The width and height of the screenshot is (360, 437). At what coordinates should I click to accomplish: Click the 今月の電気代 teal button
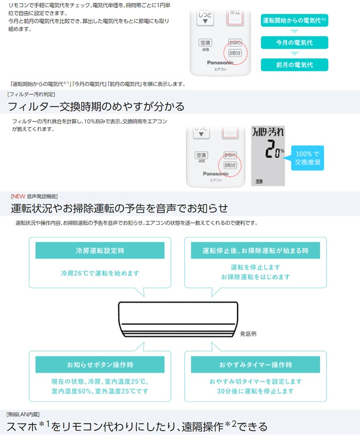pos(294,43)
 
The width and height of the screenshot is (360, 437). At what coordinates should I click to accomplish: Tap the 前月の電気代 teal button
pos(294,65)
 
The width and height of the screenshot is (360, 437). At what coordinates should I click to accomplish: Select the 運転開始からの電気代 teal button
pos(294,21)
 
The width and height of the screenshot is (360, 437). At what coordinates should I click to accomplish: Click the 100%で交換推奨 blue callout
pos(307,158)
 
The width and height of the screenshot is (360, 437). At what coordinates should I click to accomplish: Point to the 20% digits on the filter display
pos(274,149)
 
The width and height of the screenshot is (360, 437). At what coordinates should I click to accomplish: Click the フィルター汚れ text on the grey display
pos(267,132)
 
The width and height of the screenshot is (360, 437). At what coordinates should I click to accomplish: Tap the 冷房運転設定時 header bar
pos(100,251)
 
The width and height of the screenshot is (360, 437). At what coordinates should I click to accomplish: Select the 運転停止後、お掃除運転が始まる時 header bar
pos(255,251)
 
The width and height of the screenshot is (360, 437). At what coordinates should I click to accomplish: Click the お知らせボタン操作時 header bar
pos(100,364)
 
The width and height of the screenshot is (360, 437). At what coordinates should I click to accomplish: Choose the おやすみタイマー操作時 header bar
pos(255,364)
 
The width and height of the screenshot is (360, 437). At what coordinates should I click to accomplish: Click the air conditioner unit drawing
pos(178,320)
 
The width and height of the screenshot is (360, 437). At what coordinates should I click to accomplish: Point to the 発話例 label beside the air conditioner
pos(248,334)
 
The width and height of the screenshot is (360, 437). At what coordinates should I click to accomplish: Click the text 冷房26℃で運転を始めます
pos(100,273)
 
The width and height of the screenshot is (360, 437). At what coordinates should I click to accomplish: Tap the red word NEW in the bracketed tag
pos(19,197)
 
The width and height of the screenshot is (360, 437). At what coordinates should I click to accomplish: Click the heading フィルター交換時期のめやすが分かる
pos(96,107)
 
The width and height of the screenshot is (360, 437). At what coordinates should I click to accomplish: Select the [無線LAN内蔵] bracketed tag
pos(23,414)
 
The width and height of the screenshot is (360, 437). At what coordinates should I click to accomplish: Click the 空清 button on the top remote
pos(205,43)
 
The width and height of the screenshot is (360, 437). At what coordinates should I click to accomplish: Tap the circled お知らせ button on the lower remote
pos(230,165)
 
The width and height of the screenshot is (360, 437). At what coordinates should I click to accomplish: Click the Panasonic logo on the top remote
pos(220,63)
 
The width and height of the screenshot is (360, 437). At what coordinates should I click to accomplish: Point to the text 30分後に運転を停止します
pos(255,391)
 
